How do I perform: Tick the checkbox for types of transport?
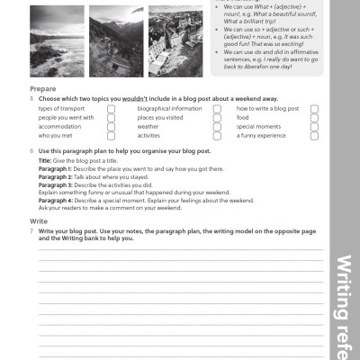pyautogui.click(x=112, y=109)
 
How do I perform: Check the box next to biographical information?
pyautogui.click(x=217, y=109)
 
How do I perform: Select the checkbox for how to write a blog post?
pyautogui.click(x=314, y=109)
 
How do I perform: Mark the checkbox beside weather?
pyautogui.click(x=217, y=127)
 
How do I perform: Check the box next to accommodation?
pyautogui.click(x=112, y=127)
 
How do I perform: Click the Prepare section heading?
pyautogui.click(x=44, y=90)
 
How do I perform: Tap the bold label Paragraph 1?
pyautogui.click(x=57, y=168)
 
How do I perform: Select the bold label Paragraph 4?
pyautogui.click(x=57, y=202)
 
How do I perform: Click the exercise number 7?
pyautogui.click(x=31, y=230)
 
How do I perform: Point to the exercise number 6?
pyautogui.click(x=31, y=151)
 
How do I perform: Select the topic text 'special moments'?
pyautogui.click(x=258, y=127)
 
